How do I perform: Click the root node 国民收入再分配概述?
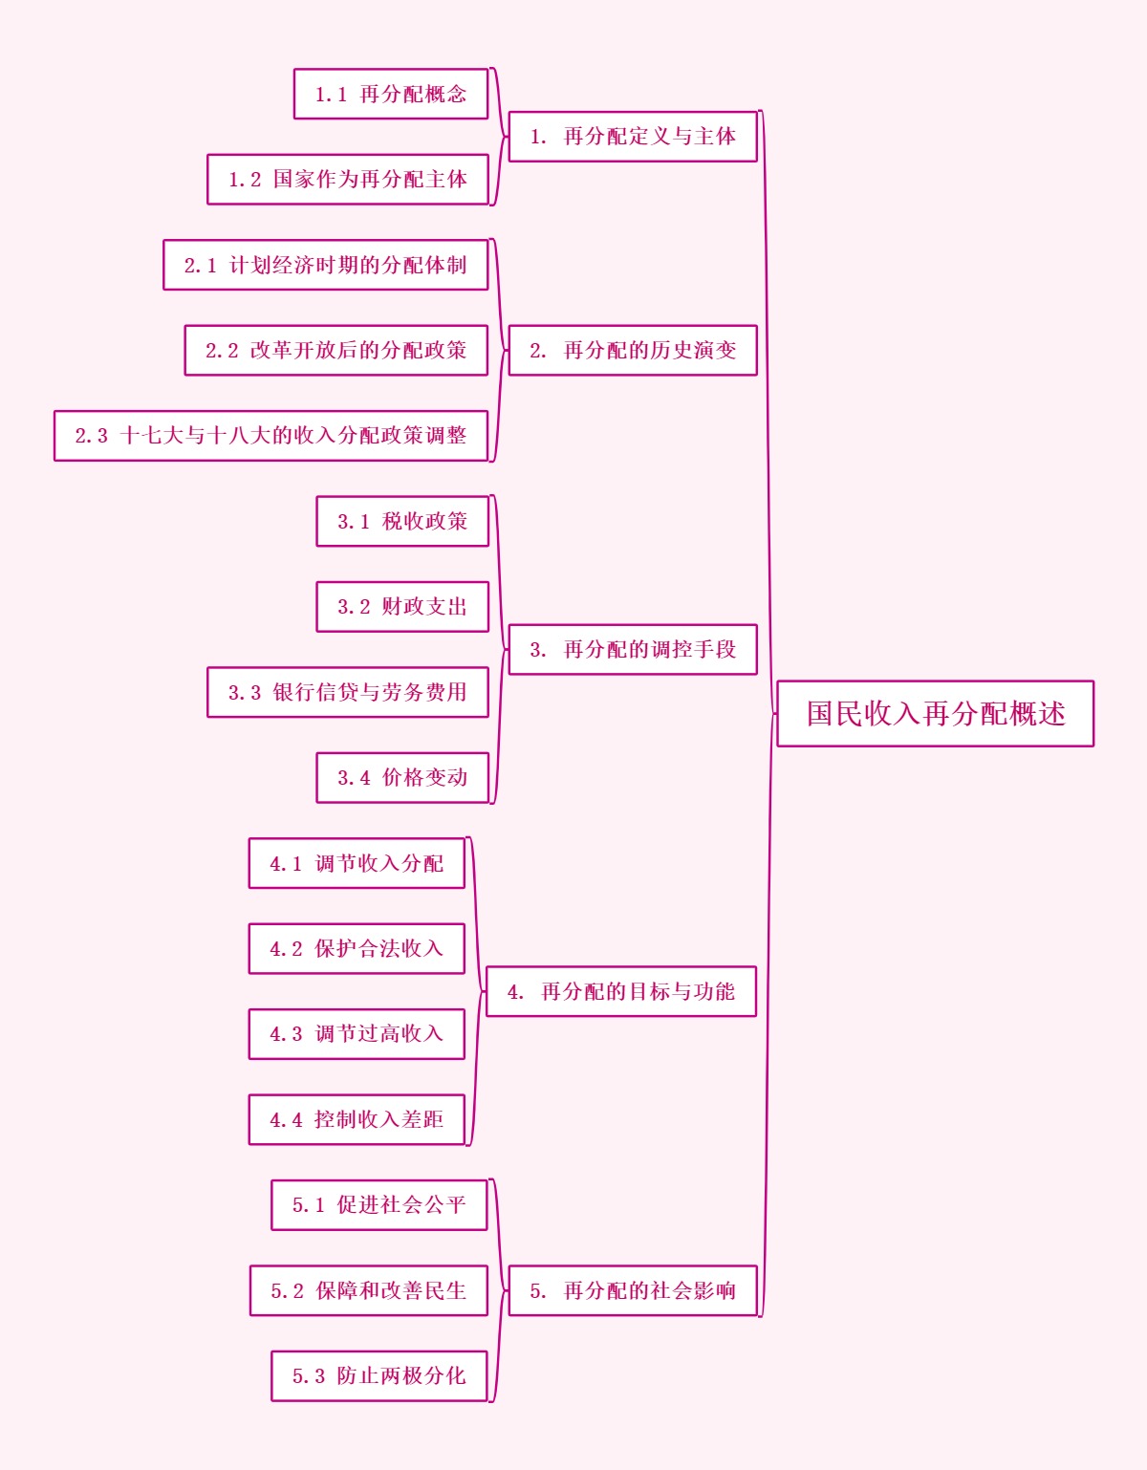point(935,713)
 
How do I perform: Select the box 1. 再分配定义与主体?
point(633,137)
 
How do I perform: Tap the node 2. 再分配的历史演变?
point(633,350)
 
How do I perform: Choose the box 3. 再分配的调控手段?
point(633,649)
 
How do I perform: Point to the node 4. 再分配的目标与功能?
point(621,991)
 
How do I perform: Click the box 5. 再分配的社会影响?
point(633,1290)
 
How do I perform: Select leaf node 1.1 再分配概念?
point(391,94)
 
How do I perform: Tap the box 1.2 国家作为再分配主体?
point(348,179)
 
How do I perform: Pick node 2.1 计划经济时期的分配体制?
point(326,265)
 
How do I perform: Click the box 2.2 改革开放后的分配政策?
point(336,350)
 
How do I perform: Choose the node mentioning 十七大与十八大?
point(271,436)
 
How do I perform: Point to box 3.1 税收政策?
point(402,521)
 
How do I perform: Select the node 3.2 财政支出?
point(402,607)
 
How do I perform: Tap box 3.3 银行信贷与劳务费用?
point(348,692)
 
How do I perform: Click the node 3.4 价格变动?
point(402,778)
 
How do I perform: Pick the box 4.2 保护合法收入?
point(357,948)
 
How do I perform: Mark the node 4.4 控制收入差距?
point(357,1119)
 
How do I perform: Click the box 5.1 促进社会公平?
point(379,1205)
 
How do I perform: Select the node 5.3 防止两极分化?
point(379,1375)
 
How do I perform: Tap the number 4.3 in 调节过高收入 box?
point(286,1034)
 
